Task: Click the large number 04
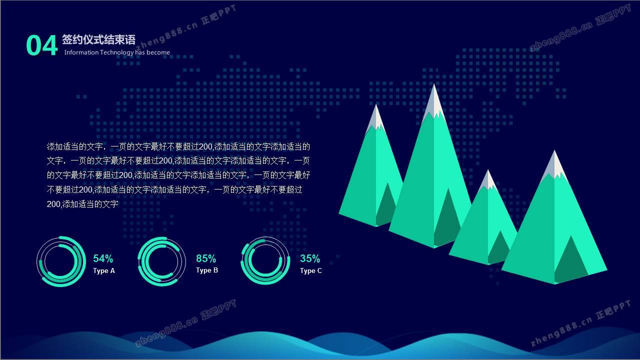[x=42, y=45]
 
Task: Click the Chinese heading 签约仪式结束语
[x=98, y=39]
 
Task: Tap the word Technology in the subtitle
[x=117, y=52]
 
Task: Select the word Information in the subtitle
[x=81, y=52]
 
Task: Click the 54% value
[x=103, y=258]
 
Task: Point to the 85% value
[x=206, y=258]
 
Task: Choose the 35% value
[x=310, y=258]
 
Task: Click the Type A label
[x=104, y=271]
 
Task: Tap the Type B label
[x=207, y=270]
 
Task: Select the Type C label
[x=311, y=271]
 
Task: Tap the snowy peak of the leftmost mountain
[x=376, y=118]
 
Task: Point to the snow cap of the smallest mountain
[x=488, y=180]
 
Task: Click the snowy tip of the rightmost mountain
[x=554, y=165]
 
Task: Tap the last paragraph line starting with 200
[x=82, y=204]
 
